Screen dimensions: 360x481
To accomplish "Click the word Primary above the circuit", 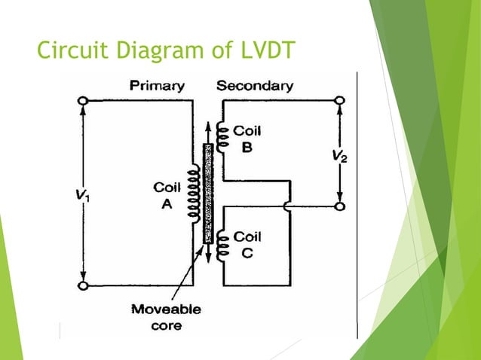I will point(157,86).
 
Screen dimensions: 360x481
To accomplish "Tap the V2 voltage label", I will point(341,157).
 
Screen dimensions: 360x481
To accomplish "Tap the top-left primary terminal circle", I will point(83,100).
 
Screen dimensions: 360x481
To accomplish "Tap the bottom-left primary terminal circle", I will point(83,285).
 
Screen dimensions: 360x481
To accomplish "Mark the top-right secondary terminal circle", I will point(341,100).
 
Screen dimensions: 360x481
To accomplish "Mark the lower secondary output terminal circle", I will point(341,205).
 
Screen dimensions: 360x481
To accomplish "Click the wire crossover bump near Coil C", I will point(288,205).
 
